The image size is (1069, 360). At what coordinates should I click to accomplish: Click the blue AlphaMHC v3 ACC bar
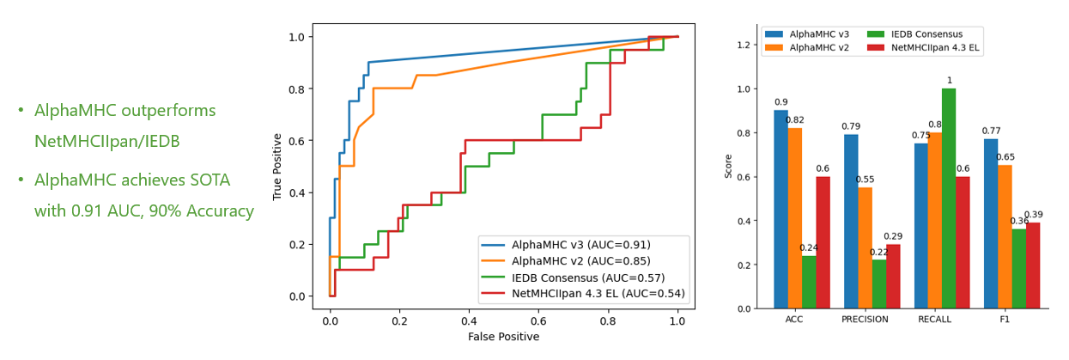tap(780, 210)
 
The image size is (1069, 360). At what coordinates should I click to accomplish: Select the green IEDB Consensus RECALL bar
tap(949, 198)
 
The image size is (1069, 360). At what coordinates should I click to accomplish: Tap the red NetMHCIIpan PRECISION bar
tap(893, 277)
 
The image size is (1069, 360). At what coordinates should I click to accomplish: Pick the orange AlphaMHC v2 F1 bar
tap(1005, 237)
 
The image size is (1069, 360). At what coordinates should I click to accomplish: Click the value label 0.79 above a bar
tap(850, 127)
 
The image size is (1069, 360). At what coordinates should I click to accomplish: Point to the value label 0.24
tap(809, 248)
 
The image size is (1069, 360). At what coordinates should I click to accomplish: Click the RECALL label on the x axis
tap(935, 320)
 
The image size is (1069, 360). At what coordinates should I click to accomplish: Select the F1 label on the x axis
tap(1005, 320)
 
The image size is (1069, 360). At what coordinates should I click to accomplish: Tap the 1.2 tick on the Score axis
tap(744, 45)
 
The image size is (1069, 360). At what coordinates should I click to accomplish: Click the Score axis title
tap(729, 166)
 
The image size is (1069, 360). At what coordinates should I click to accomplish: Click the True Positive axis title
tap(277, 167)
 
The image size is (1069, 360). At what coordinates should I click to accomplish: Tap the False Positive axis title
tap(503, 338)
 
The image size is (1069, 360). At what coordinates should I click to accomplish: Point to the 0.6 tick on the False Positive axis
tap(538, 321)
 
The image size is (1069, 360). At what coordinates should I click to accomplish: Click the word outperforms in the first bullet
tap(169, 111)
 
